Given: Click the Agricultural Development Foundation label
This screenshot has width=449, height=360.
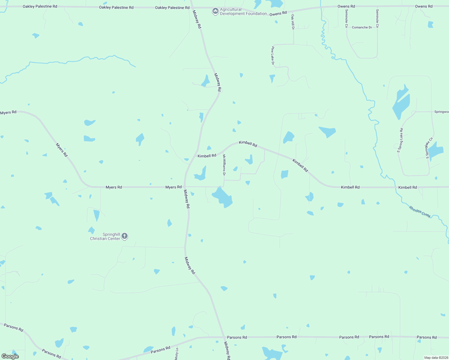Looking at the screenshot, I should (243, 12).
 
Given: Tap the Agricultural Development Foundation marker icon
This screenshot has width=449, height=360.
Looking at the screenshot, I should (215, 11).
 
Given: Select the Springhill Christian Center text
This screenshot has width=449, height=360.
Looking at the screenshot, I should (105, 236).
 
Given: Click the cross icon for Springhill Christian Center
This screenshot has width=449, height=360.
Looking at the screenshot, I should (125, 236).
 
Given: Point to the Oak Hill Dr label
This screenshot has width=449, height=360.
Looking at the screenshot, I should (293, 22).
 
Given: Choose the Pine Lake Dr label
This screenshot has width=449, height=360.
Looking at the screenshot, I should (273, 55).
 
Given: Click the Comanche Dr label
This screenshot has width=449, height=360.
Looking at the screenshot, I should (362, 27).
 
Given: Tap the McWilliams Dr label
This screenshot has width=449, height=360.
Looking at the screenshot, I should (224, 165).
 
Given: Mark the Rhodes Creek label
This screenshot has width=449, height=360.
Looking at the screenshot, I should (420, 212).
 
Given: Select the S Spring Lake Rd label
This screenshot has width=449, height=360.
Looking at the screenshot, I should (400, 140).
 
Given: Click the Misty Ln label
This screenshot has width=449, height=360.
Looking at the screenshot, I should (176, 354).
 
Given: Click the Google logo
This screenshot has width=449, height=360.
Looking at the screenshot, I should (10, 356).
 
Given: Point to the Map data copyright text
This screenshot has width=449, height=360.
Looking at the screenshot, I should (436, 358).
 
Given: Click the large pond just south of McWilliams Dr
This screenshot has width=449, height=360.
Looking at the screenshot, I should (222, 197).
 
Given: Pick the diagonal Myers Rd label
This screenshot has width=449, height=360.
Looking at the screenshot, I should (62, 150).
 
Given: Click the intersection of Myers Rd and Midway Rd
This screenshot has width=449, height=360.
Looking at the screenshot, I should (185, 187).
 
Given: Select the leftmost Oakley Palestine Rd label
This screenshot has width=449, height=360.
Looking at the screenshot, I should (40, 6).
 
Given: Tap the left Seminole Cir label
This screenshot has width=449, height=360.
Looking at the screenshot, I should (346, 19).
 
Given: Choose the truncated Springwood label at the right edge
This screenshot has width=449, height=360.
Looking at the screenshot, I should (441, 112).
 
